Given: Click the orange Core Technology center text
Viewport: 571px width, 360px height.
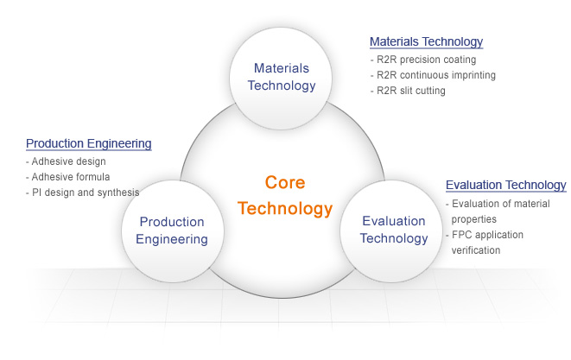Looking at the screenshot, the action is tap(285, 195).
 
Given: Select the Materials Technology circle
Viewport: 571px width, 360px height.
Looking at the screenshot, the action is tap(281, 79).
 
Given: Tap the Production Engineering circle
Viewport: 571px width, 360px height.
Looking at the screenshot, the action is tap(173, 231).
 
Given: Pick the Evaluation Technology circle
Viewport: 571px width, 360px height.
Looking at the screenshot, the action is tap(391, 231).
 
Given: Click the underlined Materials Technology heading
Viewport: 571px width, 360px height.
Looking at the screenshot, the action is tap(427, 41).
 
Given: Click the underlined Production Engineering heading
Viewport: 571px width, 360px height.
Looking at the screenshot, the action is tap(89, 143).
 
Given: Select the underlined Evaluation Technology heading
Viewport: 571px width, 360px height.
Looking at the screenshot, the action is tap(506, 185).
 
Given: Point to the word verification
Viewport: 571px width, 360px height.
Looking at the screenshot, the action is tap(476, 250).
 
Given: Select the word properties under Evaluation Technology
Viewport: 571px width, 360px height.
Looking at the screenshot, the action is tap(474, 219).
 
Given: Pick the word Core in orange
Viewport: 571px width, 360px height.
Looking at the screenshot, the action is tap(285, 182).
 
